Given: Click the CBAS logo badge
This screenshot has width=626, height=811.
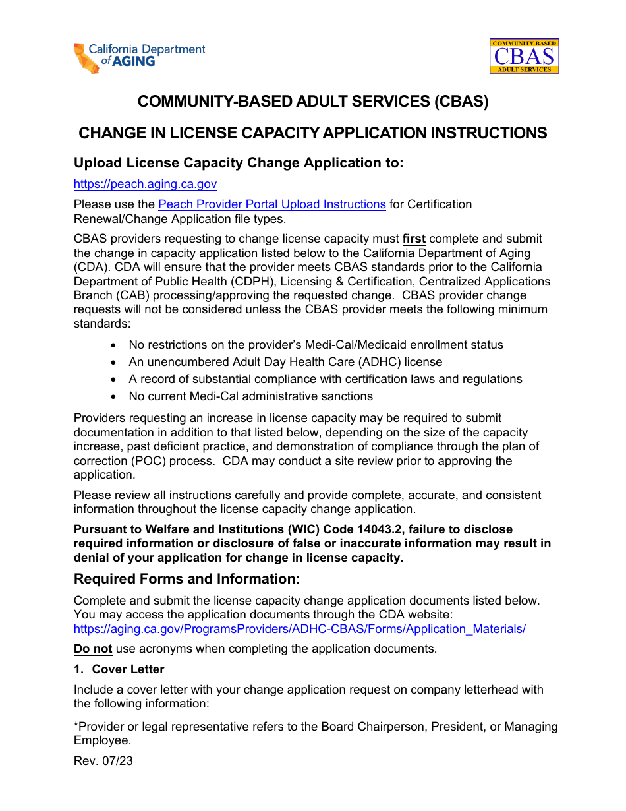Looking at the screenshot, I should pos(524,55).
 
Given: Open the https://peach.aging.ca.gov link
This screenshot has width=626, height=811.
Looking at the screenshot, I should pos(145,185).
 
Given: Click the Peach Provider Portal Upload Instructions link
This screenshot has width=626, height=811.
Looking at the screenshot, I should pos(271,204).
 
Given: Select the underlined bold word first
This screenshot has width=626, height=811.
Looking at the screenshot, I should pos(414,239).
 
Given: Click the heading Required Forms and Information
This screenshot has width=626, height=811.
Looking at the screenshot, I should pos(186,579).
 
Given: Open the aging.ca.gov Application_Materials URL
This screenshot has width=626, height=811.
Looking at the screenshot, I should pos(299,629).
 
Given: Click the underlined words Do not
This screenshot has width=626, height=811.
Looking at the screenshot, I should pos(93,649).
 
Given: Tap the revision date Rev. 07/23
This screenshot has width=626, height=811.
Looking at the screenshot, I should pos(103,761).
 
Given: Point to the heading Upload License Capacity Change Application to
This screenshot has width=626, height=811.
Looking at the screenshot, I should pos(238,163).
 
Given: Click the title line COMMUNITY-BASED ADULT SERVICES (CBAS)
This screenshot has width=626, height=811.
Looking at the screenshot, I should pos(313,102).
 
